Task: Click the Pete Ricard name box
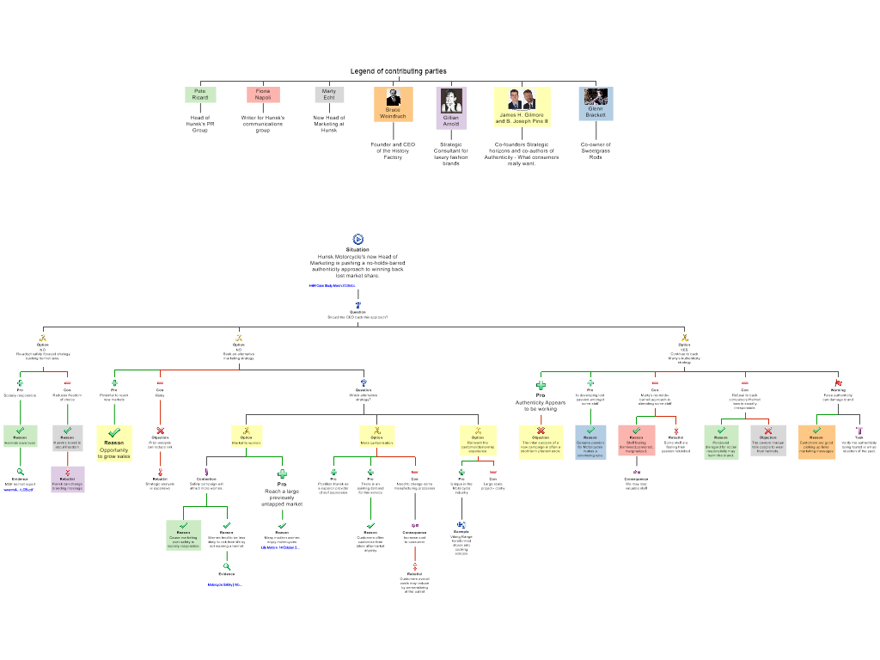click(x=200, y=95)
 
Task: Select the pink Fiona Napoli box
click(x=263, y=95)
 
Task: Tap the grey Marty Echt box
click(x=329, y=95)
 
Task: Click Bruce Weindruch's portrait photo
click(x=393, y=97)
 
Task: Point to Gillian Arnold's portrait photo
click(x=451, y=101)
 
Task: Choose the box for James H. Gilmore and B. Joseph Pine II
click(x=522, y=107)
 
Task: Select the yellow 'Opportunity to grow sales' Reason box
click(x=114, y=443)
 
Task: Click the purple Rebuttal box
click(x=68, y=479)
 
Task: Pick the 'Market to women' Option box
click(x=247, y=436)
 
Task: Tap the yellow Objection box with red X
click(x=541, y=442)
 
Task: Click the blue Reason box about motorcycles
click(x=590, y=442)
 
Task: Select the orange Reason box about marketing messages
click(x=816, y=442)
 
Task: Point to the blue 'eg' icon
click(x=461, y=524)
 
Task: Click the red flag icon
click(x=838, y=383)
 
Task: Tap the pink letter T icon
click(x=859, y=430)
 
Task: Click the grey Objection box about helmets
click(x=767, y=440)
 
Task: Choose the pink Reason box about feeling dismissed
click(x=637, y=440)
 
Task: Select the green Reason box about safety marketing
click(x=184, y=535)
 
